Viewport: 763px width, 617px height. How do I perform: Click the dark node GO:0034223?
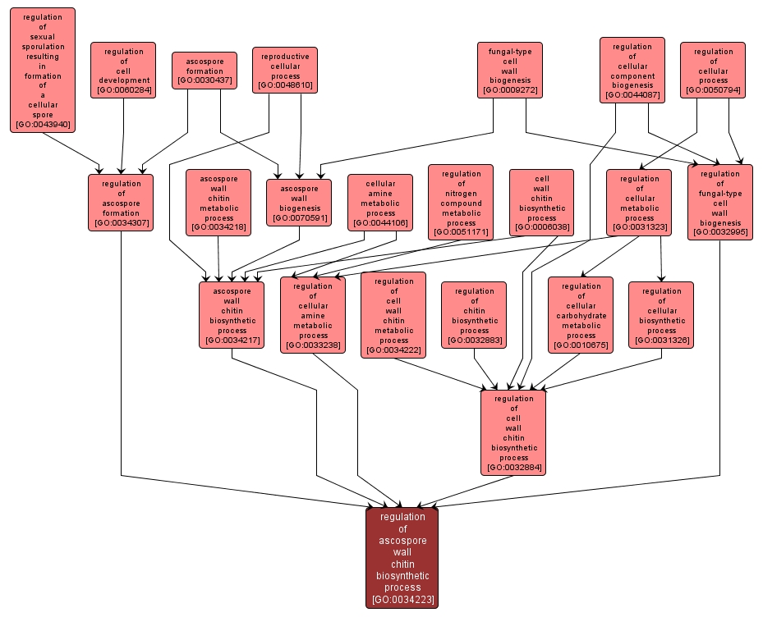(402, 558)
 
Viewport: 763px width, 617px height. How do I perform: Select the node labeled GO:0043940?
(43, 70)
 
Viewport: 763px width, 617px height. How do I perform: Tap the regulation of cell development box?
(123, 71)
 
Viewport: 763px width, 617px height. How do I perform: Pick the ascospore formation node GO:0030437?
(205, 71)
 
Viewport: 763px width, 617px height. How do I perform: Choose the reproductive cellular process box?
(285, 70)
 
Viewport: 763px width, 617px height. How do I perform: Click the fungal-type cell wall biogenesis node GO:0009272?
(510, 71)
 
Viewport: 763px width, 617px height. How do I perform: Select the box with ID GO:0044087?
(632, 70)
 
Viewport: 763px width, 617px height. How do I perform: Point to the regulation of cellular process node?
(712, 71)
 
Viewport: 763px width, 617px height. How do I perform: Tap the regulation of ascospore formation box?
(122, 203)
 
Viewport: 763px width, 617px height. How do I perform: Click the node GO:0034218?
(218, 202)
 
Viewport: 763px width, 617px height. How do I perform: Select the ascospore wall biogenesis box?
(299, 202)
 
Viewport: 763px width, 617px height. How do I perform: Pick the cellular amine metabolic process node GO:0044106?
(379, 202)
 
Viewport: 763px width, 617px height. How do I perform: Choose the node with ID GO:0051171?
(461, 202)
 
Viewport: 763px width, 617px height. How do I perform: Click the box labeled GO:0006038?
(541, 202)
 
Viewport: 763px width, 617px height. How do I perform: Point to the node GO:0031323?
(639, 202)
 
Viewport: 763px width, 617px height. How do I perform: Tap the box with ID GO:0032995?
(719, 203)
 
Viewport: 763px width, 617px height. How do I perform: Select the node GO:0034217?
(232, 315)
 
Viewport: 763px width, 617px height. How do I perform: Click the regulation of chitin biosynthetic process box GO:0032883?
(474, 315)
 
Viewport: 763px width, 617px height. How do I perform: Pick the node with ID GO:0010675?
(581, 315)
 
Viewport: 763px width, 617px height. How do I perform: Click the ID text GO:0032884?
(514, 468)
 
